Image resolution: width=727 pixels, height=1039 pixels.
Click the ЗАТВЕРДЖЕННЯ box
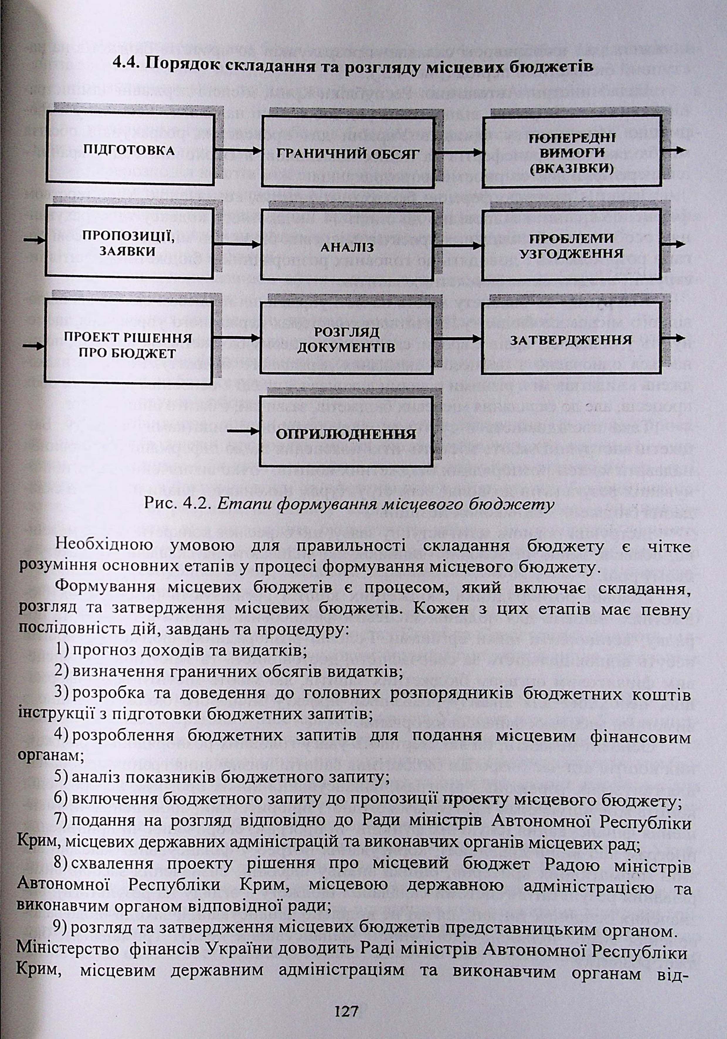tap(571, 340)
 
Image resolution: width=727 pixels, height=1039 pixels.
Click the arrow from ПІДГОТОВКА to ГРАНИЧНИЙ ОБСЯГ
tap(238, 150)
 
